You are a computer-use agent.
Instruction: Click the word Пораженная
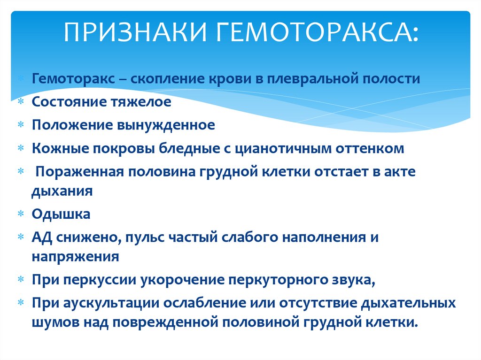(x=79, y=172)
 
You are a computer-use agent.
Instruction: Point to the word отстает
(x=345, y=172)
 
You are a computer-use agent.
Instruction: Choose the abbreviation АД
(x=42, y=237)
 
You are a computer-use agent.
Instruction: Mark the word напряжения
(x=75, y=257)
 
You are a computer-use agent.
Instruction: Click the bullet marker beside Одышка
(x=21, y=214)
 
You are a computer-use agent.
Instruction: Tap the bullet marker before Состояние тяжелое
(x=21, y=101)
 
